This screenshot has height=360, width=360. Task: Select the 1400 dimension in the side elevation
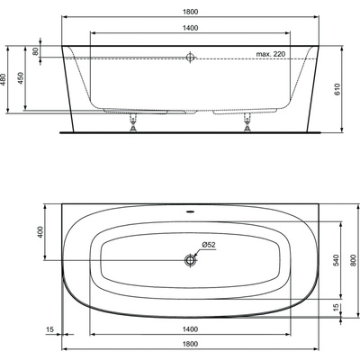[x=189, y=29]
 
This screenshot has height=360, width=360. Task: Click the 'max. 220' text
[x=271, y=55]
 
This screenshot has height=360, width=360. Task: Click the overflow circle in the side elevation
[x=190, y=58]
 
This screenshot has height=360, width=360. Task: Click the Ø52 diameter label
[x=207, y=246]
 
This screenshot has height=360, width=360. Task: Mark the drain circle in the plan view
[x=190, y=261]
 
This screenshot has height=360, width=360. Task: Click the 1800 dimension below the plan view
[x=189, y=346]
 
